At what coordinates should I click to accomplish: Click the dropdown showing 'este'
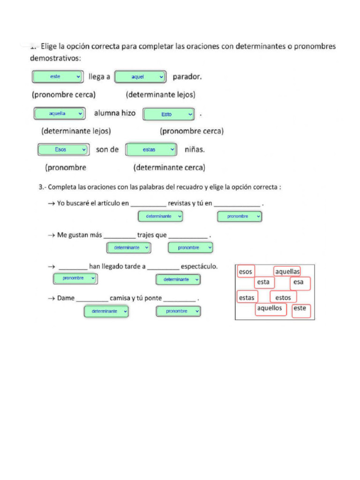58,76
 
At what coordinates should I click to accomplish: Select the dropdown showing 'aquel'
141,76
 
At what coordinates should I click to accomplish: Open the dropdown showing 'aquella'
59,113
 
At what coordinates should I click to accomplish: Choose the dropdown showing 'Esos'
63,150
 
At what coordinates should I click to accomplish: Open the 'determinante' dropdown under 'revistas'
160,216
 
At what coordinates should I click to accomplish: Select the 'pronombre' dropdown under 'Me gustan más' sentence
190,247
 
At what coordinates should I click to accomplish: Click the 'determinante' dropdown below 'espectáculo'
178,279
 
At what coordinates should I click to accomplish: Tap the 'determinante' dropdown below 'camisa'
106,311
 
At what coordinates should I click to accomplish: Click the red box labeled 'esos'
246,271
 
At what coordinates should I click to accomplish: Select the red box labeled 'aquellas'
287,271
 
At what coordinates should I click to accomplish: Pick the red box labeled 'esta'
264,282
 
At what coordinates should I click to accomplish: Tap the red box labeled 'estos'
283,297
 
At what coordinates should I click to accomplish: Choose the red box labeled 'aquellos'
270,308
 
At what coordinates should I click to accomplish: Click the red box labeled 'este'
300,308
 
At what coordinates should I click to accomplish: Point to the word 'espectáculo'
199,266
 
